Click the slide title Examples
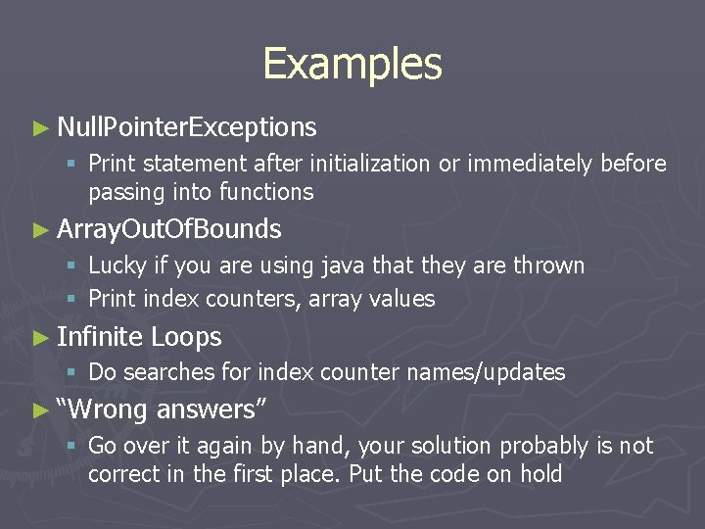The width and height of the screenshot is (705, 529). point(352,65)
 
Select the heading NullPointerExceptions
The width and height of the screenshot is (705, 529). point(186,127)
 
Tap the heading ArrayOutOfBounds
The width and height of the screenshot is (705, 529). point(169,230)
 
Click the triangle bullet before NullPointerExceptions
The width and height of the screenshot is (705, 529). point(39,127)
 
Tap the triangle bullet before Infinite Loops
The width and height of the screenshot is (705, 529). point(39,338)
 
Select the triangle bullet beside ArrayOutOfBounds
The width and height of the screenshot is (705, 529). point(39,230)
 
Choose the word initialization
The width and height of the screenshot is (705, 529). point(364,164)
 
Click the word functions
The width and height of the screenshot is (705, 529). point(266,192)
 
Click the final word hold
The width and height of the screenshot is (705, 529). point(540,475)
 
